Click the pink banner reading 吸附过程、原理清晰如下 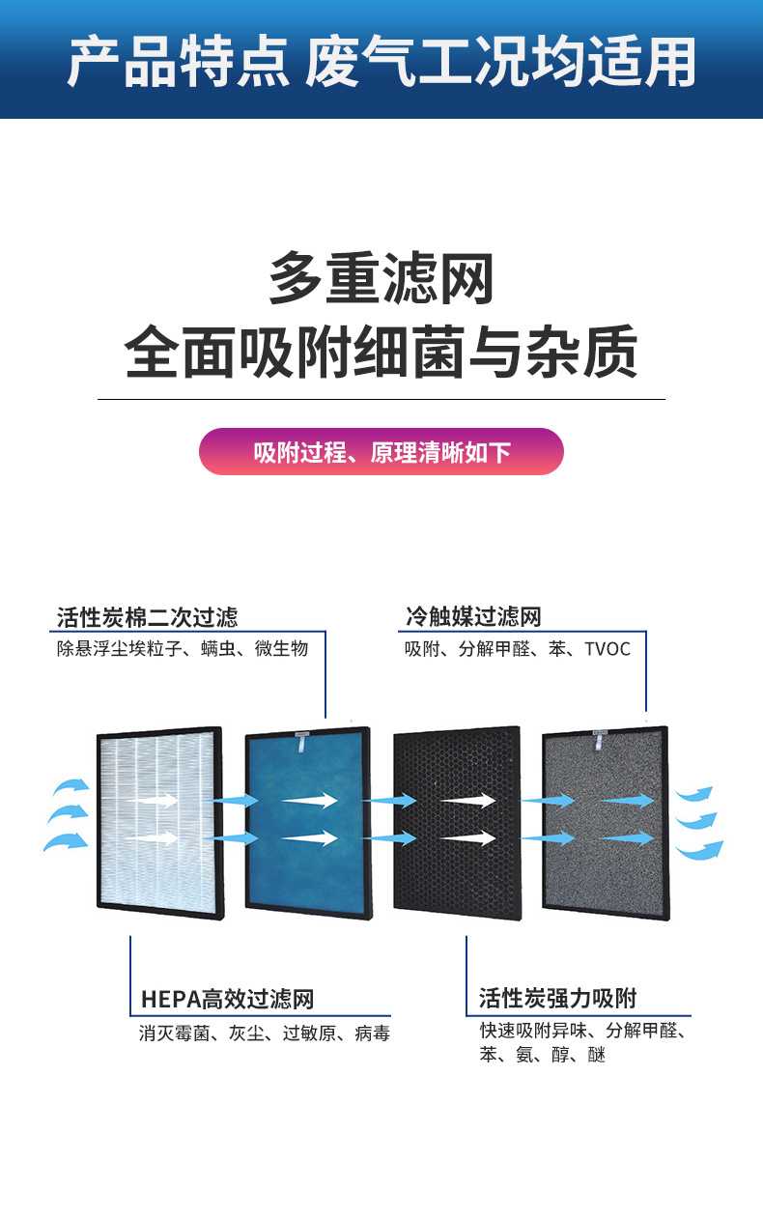point(381,452)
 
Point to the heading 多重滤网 point(381,279)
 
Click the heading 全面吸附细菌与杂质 point(381,353)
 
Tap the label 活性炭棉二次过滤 point(147,616)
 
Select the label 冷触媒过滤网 point(472,616)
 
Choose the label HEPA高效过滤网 point(227,999)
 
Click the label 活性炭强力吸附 point(557,999)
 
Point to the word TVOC point(607,649)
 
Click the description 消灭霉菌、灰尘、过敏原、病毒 point(265,1034)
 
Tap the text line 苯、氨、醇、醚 point(542,1056)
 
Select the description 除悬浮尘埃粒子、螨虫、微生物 point(183,649)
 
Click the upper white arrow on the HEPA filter point(153,800)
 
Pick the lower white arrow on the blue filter point(309,837)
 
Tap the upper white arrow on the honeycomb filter point(467,801)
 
